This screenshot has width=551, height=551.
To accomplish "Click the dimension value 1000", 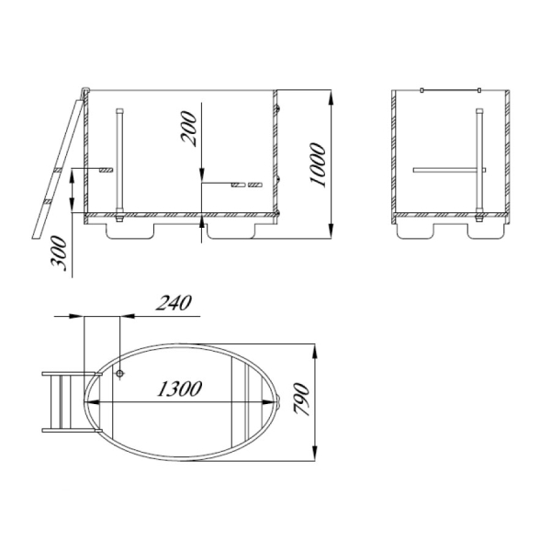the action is [318, 164].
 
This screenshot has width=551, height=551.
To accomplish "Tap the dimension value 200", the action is [188, 129].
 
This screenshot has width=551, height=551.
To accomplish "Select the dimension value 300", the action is [59, 253].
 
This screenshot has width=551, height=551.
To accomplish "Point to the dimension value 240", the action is [174, 303].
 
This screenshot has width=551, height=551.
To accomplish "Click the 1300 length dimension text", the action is [180, 388].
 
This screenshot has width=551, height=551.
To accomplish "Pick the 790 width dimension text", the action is [301, 399].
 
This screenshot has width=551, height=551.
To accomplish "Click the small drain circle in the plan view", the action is [119, 373].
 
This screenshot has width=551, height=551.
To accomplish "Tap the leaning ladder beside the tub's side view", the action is [58, 169].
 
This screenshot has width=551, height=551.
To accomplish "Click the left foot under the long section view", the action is [130, 231].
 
